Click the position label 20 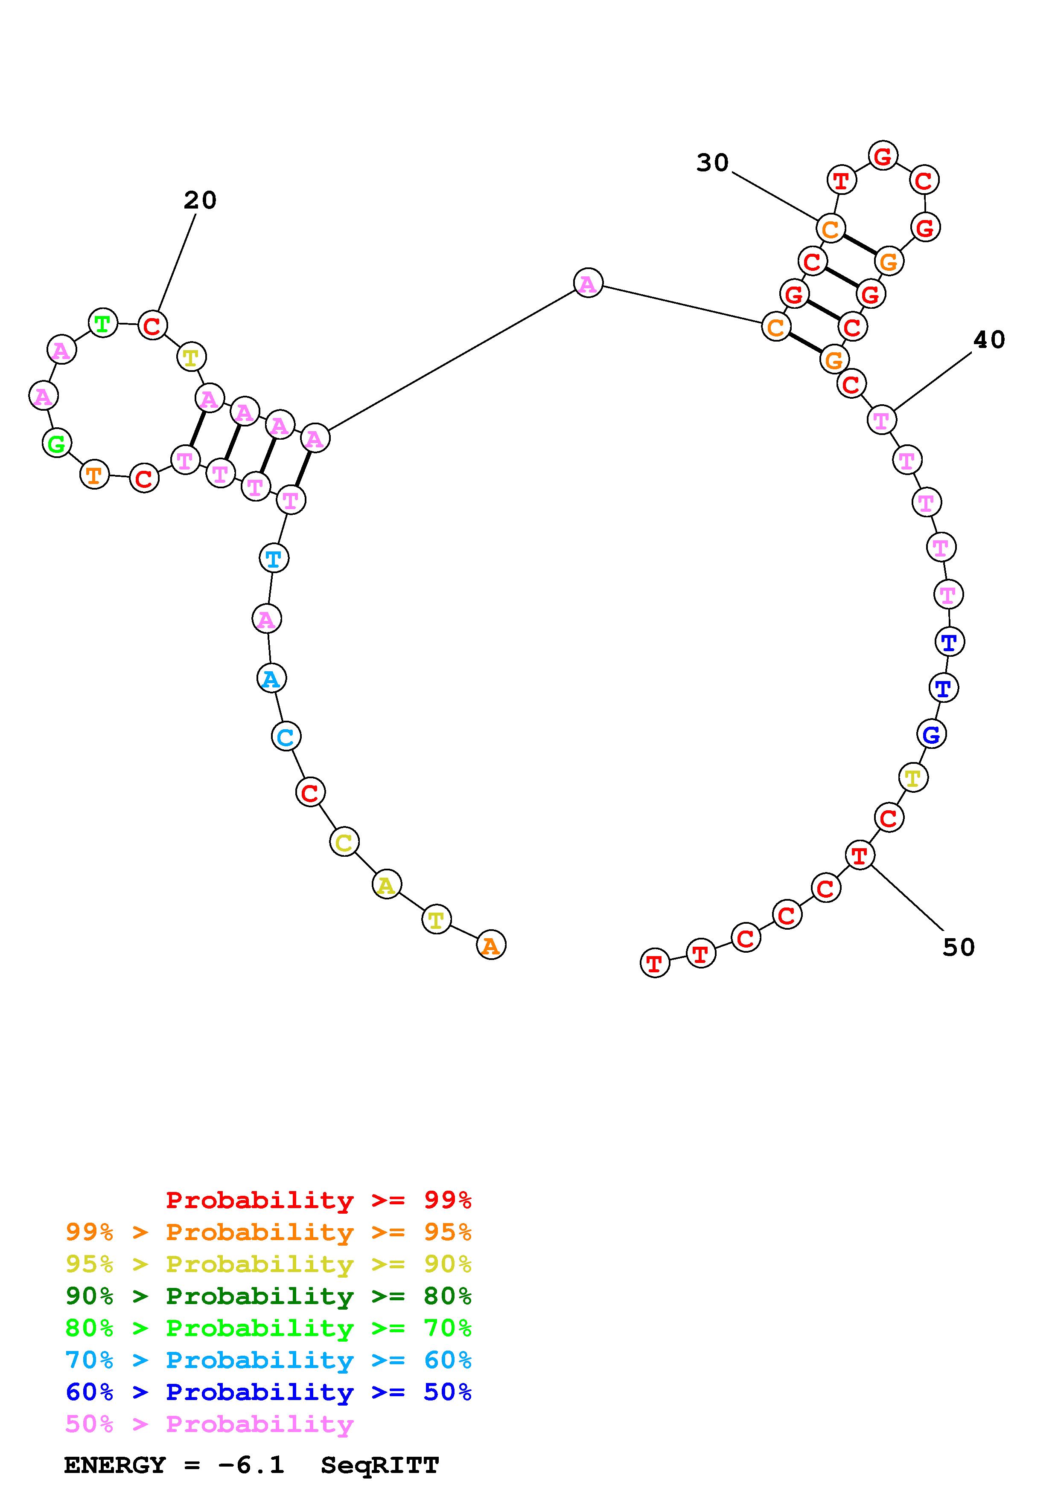coord(199,200)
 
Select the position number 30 coord(712,163)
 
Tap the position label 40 coord(989,339)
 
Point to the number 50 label coord(958,948)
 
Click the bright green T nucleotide coord(103,323)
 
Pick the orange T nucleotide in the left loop coord(94,475)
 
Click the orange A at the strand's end coord(491,945)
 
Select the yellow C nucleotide coord(344,843)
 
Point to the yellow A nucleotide coord(387,885)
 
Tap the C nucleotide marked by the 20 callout coord(152,325)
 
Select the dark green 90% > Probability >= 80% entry coord(268,1296)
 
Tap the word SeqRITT coord(380,1465)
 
